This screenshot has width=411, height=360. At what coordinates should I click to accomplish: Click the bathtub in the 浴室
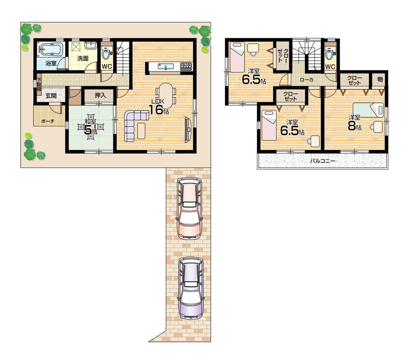(x=51, y=50)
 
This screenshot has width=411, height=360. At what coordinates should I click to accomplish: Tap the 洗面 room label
(x=83, y=58)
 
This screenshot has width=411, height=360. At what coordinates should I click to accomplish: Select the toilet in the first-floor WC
(x=106, y=53)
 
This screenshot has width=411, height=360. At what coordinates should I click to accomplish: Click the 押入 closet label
(x=100, y=95)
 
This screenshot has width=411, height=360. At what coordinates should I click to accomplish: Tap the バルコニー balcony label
(x=322, y=161)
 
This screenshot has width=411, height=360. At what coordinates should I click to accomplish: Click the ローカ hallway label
(x=307, y=80)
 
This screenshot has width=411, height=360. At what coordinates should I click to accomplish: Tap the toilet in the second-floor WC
(x=330, y=53)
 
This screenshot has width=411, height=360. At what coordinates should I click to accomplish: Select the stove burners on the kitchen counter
(x=186, y=66)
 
